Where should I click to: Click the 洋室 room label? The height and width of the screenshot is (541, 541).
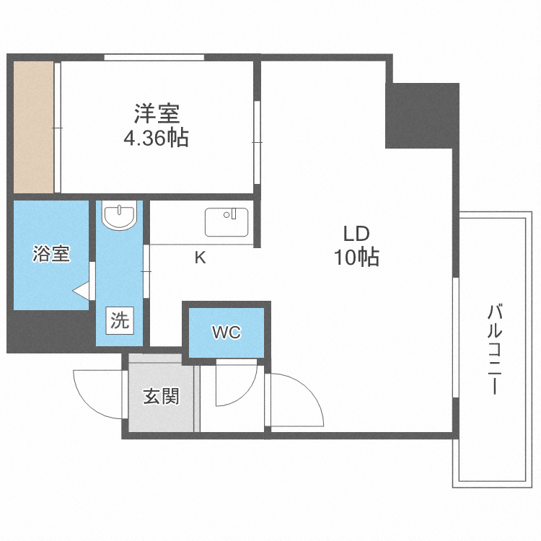(157, 114)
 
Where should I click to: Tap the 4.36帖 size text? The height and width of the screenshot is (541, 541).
(157, 138)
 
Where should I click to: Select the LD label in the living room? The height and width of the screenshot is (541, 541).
(356, 234)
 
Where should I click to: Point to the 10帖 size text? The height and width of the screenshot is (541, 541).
(356, 258)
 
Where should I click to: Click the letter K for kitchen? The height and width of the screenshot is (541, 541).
(201, 258)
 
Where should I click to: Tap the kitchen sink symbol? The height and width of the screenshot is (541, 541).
(226, 222)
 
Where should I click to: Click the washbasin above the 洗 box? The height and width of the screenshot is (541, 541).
(119, 216)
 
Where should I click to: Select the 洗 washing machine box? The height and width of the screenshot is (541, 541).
(120, 320)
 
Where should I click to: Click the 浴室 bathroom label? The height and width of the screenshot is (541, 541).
(51, 254)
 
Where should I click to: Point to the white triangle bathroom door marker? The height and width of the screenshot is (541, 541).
(82, 291)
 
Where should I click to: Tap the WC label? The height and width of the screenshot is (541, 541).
(226, 332)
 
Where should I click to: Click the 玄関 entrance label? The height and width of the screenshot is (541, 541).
(161, 396)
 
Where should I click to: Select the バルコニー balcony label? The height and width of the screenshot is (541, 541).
(494, 350)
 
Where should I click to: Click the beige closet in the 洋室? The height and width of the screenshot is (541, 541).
(34, 127)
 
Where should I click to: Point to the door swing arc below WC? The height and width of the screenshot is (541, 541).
(234, 390)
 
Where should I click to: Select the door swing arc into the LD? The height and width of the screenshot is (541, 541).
(296, 400)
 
